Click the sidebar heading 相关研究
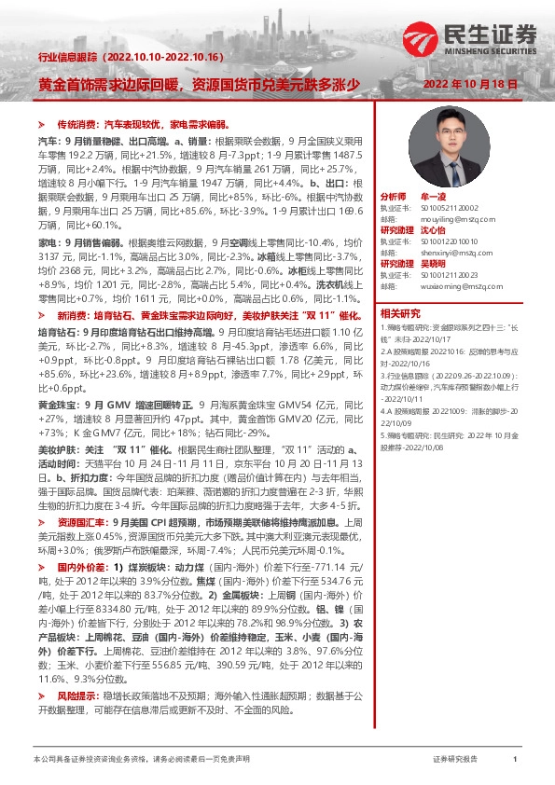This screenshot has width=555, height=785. [400, 313]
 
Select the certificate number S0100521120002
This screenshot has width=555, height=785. [441, 209]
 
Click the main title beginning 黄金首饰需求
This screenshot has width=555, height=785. [198, 84]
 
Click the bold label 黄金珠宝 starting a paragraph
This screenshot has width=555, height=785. [55, 407]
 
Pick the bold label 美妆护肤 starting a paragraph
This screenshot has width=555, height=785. [55, 450]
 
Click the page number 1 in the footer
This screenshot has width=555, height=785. [516, 761]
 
